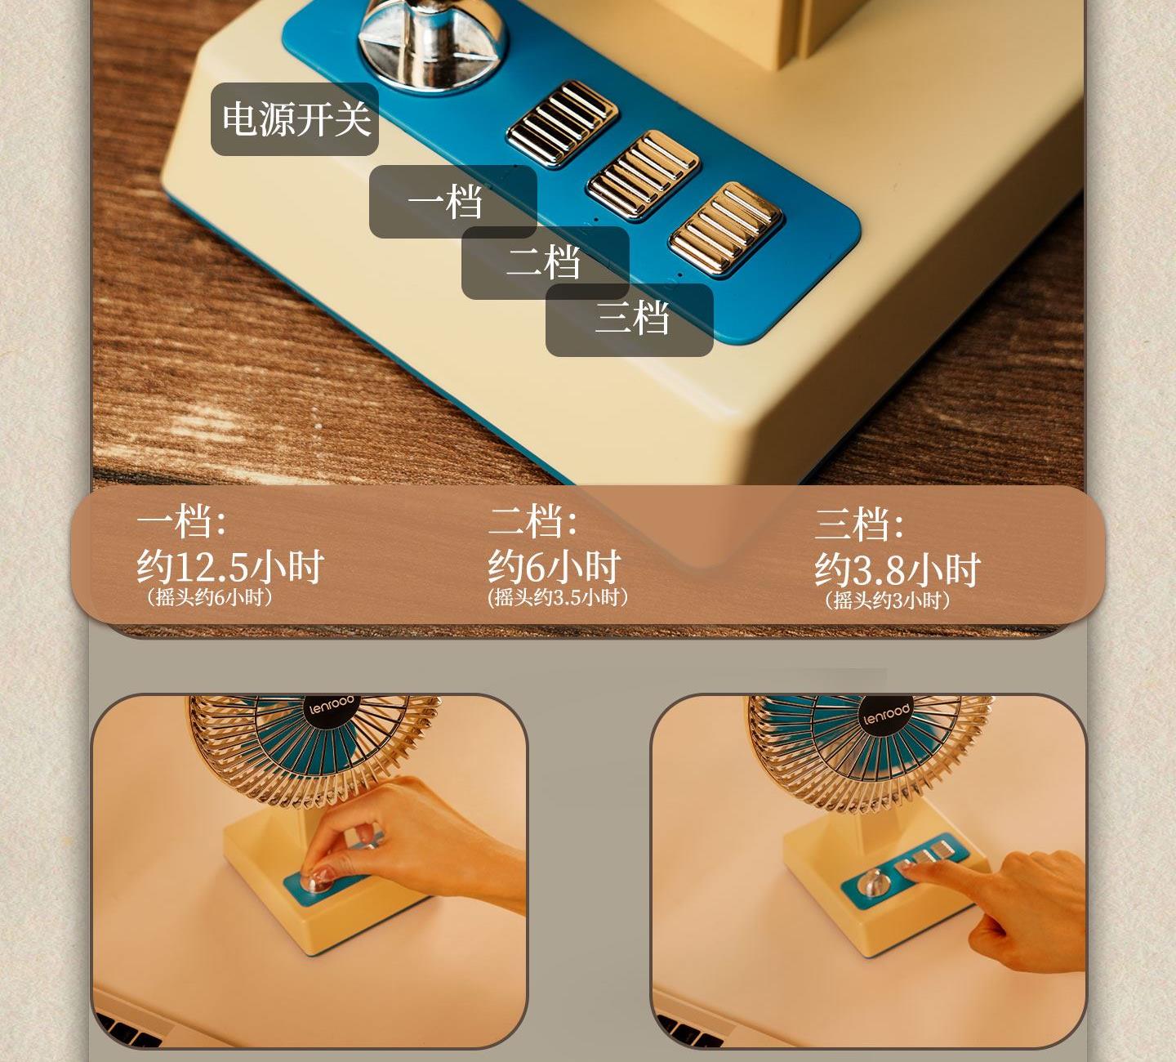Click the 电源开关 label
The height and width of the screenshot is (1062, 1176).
[x=296, y=119]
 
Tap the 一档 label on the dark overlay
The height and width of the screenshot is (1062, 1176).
[x=445, y=202]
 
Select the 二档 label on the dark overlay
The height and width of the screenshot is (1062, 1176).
[x=543, y=262]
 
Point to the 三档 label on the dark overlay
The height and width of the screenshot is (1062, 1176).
[x=632, y=319]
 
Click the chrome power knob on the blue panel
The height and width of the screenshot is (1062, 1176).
[x=431, y=41]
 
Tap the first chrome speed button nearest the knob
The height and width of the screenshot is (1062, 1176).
[x=562, y=123]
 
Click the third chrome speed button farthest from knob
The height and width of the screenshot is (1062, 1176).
[x=726, y=229]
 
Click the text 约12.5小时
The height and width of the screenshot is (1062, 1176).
[x=229, y=567]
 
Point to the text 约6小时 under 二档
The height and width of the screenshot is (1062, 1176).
[x=554, y=567]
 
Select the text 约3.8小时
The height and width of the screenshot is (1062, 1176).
[x=897, y=569]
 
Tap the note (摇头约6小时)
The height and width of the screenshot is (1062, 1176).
[x=209, y=598]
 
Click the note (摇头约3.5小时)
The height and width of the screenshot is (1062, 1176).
[x=558, y=598]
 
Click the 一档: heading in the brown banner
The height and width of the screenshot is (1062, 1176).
[x=181, y=521]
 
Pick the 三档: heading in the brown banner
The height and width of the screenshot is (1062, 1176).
[x=858, y=524]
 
